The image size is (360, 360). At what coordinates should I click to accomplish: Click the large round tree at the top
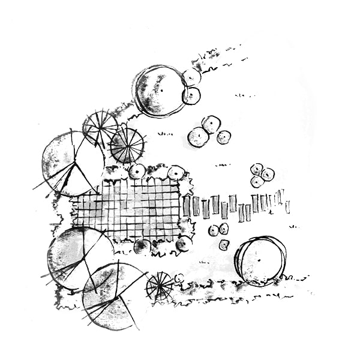[158, 91]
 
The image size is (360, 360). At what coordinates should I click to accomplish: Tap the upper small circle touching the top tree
[191, 77]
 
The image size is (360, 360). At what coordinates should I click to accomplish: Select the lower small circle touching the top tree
[191, 95]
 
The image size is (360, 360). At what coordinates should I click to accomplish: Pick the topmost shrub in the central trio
[211, 124]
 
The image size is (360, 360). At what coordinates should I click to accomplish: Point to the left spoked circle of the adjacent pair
[100, 127]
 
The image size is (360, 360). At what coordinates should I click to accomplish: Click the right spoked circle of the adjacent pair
[127, 145]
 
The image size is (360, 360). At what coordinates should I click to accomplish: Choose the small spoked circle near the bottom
[160, 286]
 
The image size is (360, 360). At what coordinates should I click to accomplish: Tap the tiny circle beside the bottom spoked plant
[179, 278]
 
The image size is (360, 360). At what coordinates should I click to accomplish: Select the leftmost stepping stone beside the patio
[187, 206]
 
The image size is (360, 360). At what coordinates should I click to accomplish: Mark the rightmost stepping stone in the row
[287, 206]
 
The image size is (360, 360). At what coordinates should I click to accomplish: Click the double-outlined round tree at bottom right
[260, 260]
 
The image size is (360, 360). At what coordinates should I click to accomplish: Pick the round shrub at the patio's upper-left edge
[137, 172]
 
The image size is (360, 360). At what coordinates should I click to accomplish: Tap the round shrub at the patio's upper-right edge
[176, 173]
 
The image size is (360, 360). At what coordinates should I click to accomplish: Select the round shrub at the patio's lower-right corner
[184, 243]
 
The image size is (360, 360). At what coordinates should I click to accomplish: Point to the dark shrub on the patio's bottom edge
[142, 246]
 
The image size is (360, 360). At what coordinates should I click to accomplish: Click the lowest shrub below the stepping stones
[224, 245]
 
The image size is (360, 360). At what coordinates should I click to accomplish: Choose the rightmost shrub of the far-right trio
[268, 174]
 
